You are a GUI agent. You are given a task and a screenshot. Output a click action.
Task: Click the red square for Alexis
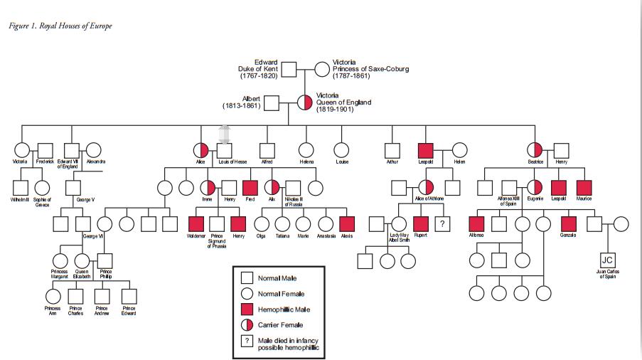point(347,223)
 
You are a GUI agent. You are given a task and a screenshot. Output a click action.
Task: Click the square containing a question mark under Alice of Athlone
point(442,223)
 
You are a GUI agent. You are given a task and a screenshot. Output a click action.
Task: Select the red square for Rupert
point(420,223)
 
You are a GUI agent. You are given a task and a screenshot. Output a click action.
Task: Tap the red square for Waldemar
point(196,223)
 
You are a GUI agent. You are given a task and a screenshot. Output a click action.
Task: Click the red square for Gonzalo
point(567,223)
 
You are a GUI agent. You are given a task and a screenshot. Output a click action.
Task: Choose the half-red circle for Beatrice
point(535,150)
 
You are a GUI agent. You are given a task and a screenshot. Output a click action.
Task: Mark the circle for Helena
point(306,150)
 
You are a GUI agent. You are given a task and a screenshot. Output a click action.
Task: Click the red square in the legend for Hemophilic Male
point(247,309)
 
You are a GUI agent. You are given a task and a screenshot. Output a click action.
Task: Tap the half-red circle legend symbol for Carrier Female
point(247,325)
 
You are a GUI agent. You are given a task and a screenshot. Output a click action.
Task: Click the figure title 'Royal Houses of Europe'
point(60,26)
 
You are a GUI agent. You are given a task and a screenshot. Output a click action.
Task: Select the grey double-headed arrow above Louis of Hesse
point(225,134)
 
